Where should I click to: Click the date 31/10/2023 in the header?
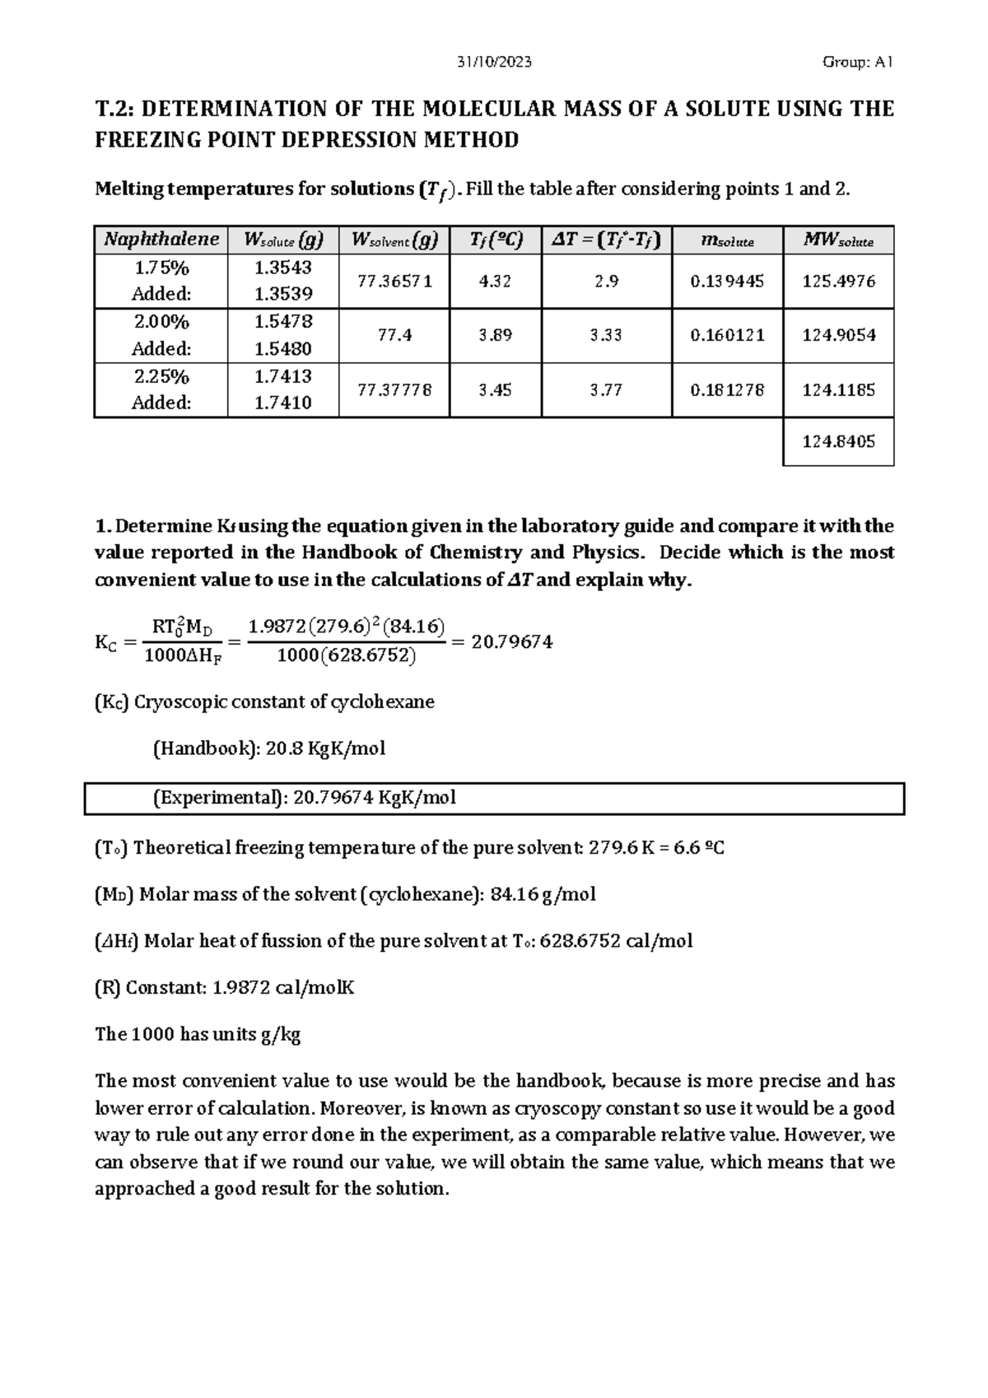(493, 62)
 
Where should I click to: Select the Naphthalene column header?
(161, 240)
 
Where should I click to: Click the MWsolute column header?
(838, 240)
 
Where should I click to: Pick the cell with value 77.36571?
(394, 281)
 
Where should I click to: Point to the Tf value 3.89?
(495, 335)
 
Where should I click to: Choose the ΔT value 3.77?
(606, 389)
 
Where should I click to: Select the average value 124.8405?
(838, 441)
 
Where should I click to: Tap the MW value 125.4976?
(838, 281)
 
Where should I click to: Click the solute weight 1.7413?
(282, 376)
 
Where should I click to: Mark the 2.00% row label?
(161, 322)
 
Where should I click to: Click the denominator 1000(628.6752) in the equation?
(346, 656)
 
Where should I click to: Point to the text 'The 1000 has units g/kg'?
(198, 1034)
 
